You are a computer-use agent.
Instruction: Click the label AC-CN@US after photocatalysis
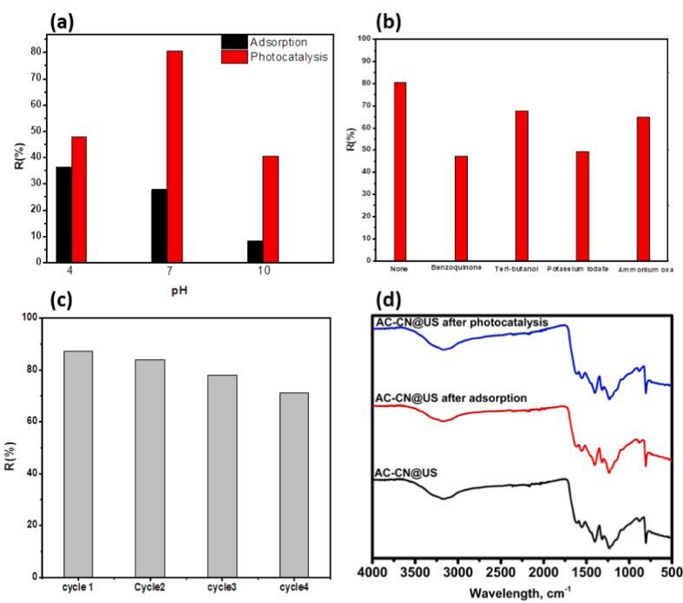(x=461, y=323)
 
